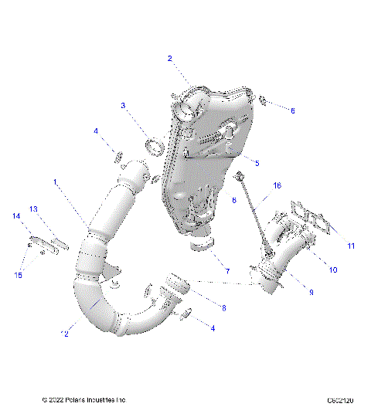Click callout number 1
(56, 181)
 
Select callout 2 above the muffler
(170, 58)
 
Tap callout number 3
(123, 105)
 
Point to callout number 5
(257, 163)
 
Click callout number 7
(226, 271)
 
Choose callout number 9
(311, 292)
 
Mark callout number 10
(334, 270)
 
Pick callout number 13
(34, 209)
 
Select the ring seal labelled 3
(155, 144)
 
